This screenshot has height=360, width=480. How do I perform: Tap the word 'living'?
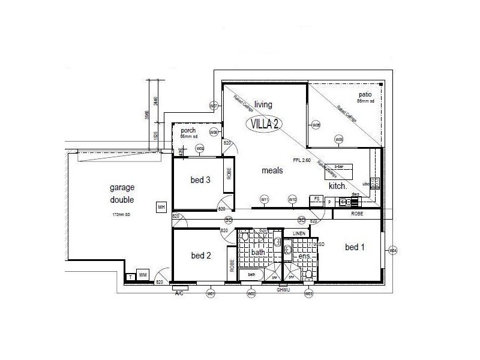[x=263, y=104]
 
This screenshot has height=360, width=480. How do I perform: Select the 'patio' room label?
[x=365, y=95]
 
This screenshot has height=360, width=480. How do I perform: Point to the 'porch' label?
[x=188, y=130]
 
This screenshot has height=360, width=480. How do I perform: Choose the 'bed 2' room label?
[x=201, y=256]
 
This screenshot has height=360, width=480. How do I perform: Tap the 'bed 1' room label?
[x=355, y=247]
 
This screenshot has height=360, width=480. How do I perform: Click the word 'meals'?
[x=272, y=171]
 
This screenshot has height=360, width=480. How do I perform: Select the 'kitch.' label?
[x=338, y=187]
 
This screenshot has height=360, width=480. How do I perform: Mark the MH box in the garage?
[x=161, y=208]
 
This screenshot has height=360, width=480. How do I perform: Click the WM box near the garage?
[x=143, y=275]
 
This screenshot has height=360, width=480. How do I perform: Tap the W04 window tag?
[x=393, y=250]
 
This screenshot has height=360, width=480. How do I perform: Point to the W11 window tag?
[x=264, y=199]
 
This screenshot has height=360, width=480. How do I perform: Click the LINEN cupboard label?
[x=298, y=233]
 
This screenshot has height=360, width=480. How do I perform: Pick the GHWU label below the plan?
[x=284, y=290]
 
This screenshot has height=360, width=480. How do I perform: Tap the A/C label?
[x=179, y=294]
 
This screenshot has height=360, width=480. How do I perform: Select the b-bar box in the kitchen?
[x=340, y=167]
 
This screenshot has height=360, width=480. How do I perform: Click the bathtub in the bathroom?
[x=252, y=274]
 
